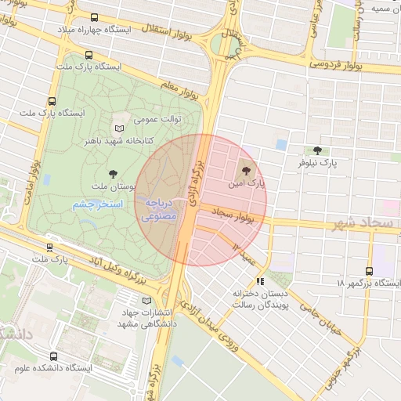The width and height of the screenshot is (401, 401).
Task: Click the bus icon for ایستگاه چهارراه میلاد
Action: (95, 17)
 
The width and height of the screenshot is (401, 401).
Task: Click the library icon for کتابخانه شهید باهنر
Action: (119, 128)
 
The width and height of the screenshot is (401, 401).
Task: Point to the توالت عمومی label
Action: (157, 119)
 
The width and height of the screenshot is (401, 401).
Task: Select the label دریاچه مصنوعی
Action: (161, 208)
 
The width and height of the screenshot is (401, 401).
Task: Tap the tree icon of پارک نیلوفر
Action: (317, 151)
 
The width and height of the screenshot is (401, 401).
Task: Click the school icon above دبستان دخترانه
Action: (260, 280)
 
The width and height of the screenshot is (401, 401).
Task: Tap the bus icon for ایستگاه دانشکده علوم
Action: (53, 356)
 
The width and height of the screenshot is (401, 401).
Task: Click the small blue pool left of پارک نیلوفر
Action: (281, 146)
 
